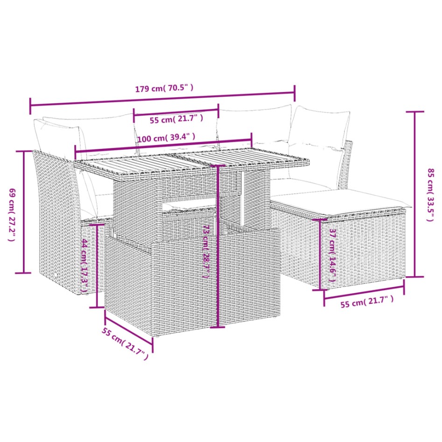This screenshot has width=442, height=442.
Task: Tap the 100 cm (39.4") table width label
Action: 166,138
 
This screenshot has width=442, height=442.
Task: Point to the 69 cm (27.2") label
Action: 12,214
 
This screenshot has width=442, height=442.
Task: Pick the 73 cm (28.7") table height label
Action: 205,252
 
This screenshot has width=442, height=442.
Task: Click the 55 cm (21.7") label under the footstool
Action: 366,304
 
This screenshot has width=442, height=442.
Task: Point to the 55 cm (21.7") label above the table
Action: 176,119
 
